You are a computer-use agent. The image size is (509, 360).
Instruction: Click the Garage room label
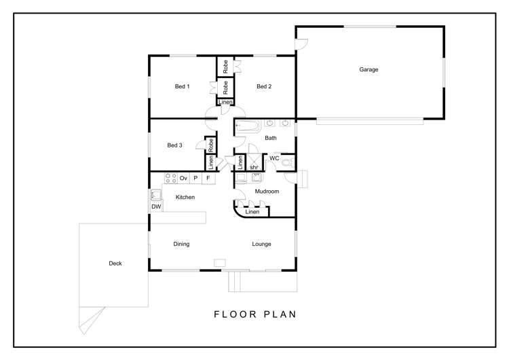369,69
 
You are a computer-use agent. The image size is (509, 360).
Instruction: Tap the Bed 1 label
182,86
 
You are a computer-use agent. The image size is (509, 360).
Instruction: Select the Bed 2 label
264,86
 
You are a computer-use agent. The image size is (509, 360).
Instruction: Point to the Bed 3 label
174,145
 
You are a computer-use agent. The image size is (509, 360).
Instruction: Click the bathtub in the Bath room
248,126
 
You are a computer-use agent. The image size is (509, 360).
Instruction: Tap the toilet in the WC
287,162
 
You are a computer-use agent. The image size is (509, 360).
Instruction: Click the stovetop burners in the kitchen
171,178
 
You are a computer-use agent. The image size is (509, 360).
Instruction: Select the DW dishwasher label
156,206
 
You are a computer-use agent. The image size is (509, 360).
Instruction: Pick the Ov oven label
183,178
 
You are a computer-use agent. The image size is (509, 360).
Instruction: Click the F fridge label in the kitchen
208,178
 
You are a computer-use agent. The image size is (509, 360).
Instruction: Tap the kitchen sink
156,195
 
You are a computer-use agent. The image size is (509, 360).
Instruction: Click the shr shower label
254,167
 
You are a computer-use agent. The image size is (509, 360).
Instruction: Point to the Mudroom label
267,192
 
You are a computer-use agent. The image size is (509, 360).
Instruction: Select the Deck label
115,264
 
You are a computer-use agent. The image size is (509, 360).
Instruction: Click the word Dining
181,244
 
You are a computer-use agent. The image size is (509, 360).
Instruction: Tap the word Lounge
261,244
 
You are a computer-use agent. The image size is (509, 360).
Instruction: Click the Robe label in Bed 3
210,145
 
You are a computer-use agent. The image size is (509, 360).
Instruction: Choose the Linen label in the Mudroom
252,212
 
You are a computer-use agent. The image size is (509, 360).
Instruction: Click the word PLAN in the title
280,314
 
